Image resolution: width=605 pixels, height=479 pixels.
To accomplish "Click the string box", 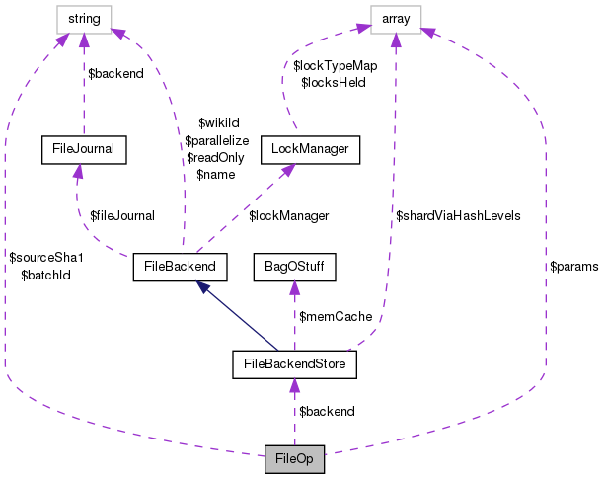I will pyautogui.click(x=83, y=18).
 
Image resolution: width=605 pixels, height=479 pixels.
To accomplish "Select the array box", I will pyautogui.click(x=396, y=18).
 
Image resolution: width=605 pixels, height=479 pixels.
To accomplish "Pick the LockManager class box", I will pyautogui.click(x=309, y=150).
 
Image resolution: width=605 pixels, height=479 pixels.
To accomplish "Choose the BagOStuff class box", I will pyautogui.click(x=295, y=266).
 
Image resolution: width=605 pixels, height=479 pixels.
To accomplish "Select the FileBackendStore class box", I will pyautogui.click(x=294, y=364).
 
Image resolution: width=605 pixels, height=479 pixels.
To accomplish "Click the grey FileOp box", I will pyautogui.click(x=294, y=459).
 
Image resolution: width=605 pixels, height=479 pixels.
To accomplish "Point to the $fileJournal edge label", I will pyautogui.click(x=122, y=214).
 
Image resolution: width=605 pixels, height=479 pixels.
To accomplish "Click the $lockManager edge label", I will pyautogui.click(x=288, y=214).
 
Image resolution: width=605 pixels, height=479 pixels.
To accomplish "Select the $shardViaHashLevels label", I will pyautogui.click(x=458, y=214).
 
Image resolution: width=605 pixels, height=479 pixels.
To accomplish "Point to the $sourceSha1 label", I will pyautogui.click(x=46, y=257).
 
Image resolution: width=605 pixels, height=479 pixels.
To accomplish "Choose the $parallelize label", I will pyautogui.click(x=216, y=141).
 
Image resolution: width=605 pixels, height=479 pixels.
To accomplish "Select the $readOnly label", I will pyautogui.click(x=214, y=157).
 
